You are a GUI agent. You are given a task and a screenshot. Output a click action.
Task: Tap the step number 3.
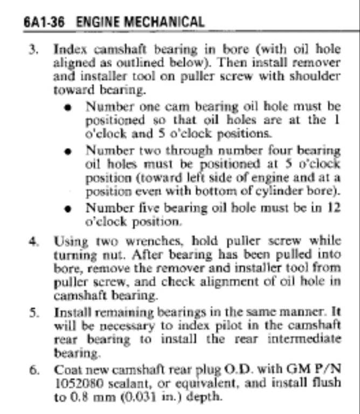33,49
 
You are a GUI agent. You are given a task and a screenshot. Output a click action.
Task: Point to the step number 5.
33,313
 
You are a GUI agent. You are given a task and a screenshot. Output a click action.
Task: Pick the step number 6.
33,370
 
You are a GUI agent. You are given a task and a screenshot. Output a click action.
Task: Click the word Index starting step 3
67,49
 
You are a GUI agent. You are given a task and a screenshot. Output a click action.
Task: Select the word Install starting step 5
71,313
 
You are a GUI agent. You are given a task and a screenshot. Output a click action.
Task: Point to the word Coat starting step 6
65,370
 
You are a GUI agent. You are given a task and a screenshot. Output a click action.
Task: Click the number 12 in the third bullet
334,209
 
